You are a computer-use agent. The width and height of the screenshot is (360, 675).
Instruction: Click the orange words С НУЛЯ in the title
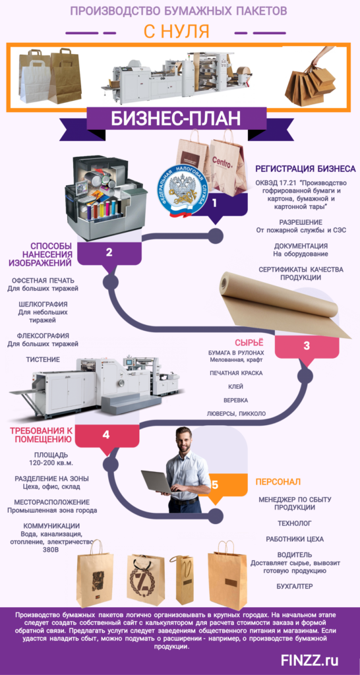[x=176, y=31]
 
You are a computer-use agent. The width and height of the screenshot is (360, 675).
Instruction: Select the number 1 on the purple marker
[x=214, y=203]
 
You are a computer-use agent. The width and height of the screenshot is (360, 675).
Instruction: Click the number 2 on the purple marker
[x=109, y=252]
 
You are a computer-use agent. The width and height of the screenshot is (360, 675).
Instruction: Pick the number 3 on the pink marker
[x=306, y=345]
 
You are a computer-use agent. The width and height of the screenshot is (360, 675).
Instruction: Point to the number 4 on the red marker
[x=106, y=435]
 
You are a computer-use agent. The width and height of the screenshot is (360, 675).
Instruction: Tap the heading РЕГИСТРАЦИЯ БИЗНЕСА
[x=305, y=168]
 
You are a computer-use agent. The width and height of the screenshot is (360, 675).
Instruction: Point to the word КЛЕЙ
[x=237, y=386]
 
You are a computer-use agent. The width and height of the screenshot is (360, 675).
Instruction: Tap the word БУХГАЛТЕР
[x=295, y=586]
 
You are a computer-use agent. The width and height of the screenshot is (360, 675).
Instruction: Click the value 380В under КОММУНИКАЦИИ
[x=42, y=550]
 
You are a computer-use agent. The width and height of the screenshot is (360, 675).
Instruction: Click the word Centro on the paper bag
[x=224, y=164]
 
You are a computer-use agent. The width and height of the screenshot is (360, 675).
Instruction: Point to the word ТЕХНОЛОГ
[x=295, y=523]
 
